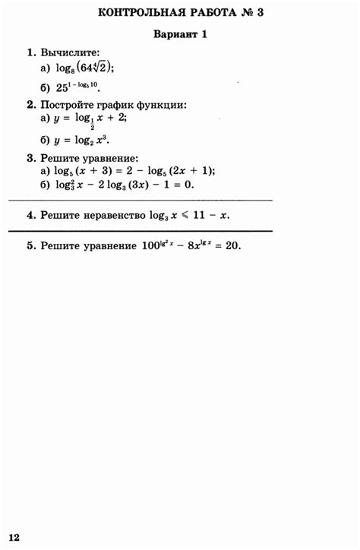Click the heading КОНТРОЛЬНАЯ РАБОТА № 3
180,13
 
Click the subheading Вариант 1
180,35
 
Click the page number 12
14,537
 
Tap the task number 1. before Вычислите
31,52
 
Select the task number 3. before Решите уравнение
31,157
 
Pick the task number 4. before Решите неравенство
31,215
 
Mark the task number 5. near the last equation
31,246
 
